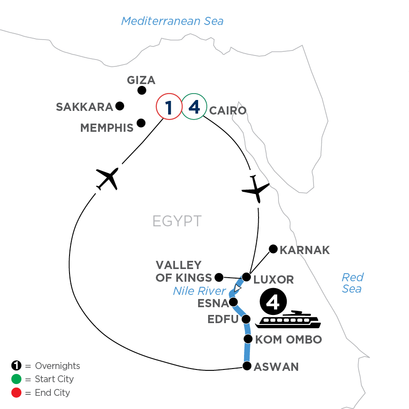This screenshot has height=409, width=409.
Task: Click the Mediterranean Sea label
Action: (172, 21)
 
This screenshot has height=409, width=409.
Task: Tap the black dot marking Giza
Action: (142, 90)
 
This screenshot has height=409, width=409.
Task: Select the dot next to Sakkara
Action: (120, 106)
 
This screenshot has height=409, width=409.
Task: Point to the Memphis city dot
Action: (141, 122)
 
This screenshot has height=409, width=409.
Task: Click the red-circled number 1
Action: (169, 108)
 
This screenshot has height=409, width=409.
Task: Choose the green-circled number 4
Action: (194, 108)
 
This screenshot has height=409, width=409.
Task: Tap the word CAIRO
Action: (228, 110)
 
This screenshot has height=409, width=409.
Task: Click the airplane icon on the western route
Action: (108, 178)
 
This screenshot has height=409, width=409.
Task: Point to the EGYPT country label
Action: (177, 221)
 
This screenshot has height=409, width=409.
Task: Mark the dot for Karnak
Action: (273, 249)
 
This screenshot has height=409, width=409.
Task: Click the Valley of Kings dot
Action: (219, 277)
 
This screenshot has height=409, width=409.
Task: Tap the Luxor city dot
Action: (246, 277)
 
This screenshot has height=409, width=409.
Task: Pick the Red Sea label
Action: (352, 283)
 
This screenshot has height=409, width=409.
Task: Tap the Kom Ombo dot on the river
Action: (248, 339)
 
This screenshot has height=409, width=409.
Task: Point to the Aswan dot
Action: (247, 366)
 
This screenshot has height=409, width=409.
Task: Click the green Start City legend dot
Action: (17, 379)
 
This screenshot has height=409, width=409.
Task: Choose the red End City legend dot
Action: (17, 392)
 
